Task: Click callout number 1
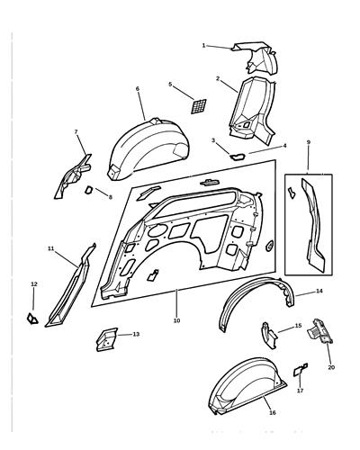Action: click(204, 44)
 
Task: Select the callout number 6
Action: click(138, 89)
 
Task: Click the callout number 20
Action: click(330, 367)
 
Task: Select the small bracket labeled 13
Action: click(105, 340)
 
